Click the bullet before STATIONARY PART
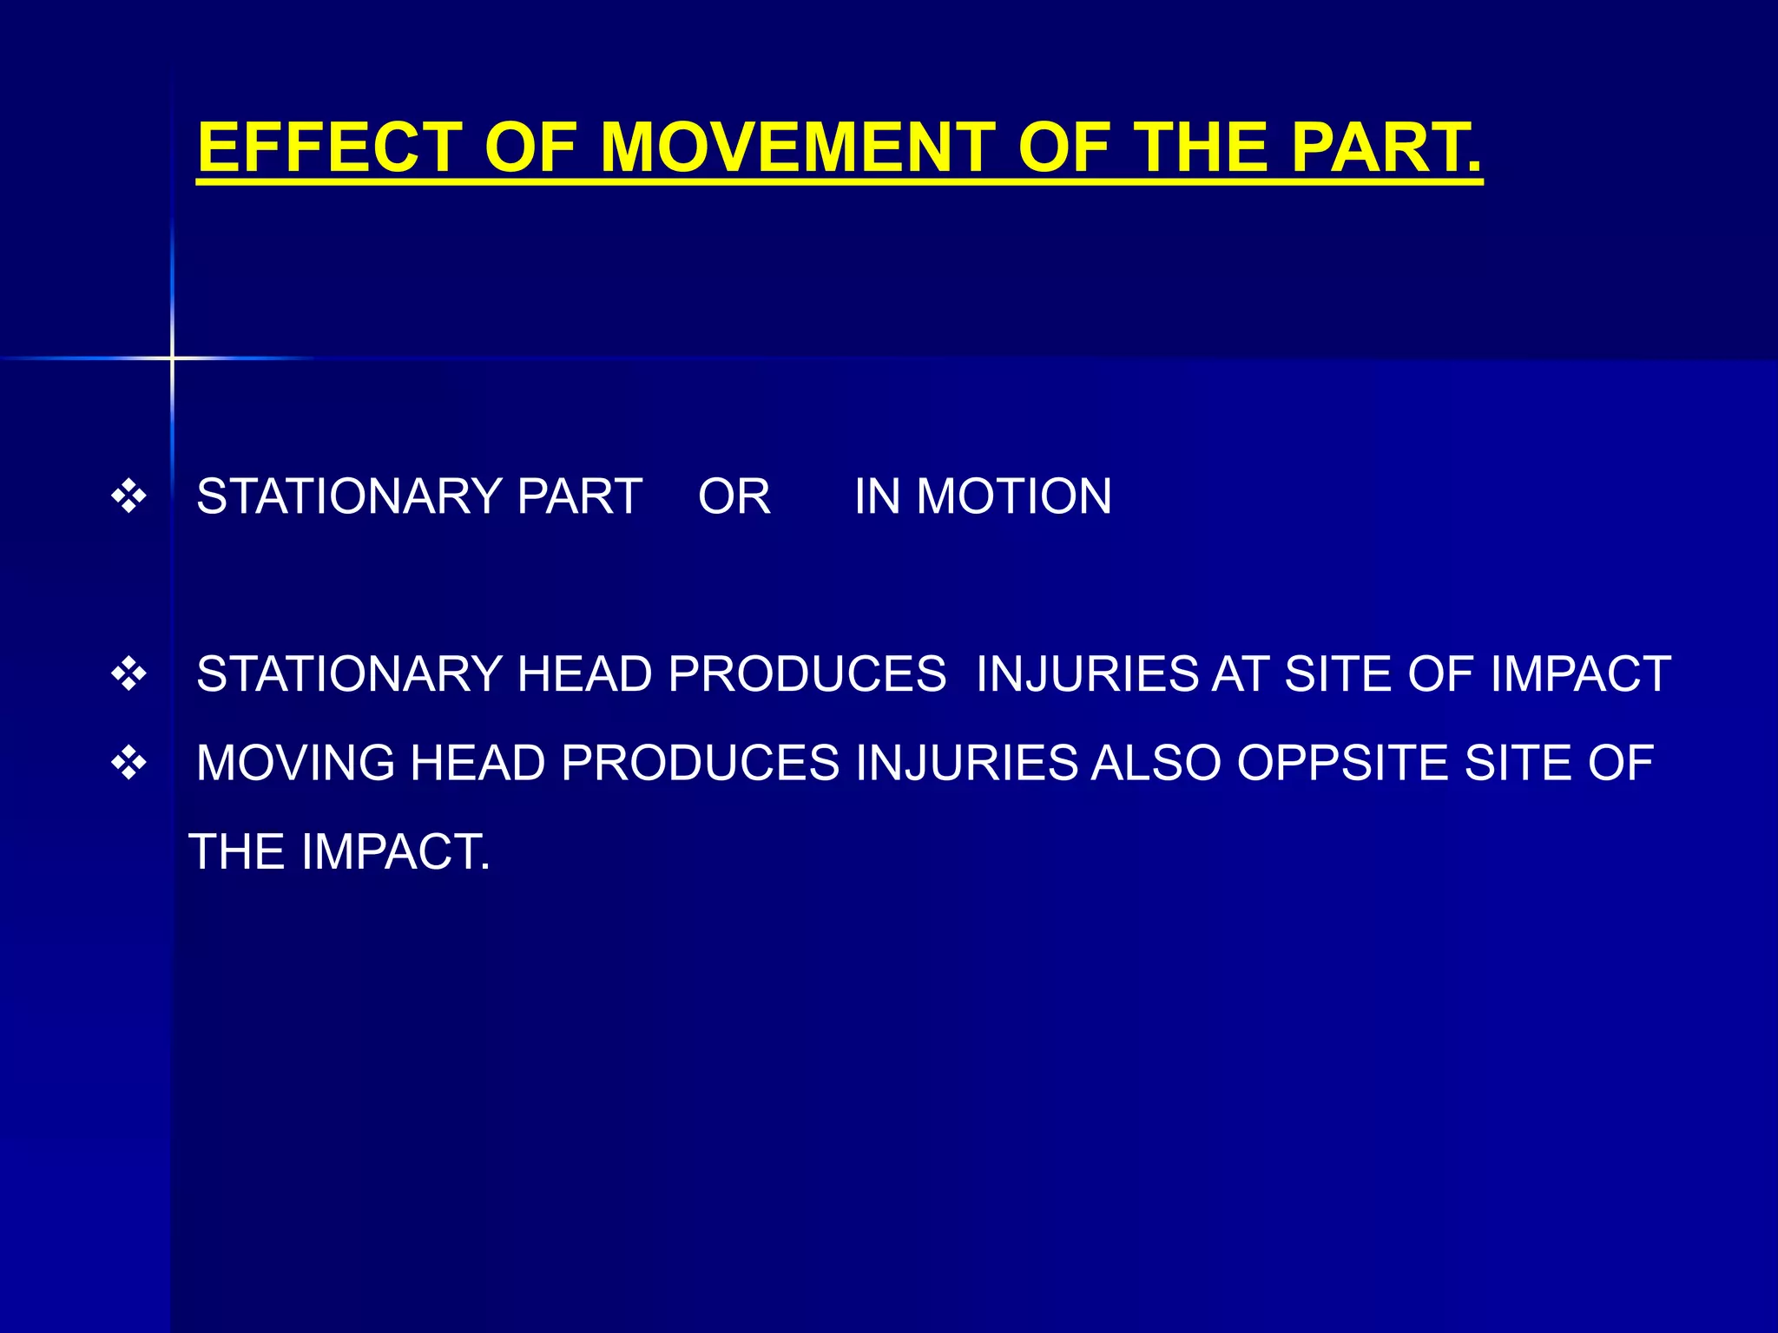click(129, 497)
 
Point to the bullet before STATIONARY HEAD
click(129, 674)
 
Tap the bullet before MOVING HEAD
click(129, 764)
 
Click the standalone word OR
click(734, 497)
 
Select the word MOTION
click(1014, 497)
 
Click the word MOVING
click(295, 764)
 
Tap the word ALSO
click(1156, 764)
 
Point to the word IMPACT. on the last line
click(396, 852)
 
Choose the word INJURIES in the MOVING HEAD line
click(965, 764)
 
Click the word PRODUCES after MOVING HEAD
click(700, 764)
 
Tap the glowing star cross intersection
click(172, 358)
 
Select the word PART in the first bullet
click(579, 497)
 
